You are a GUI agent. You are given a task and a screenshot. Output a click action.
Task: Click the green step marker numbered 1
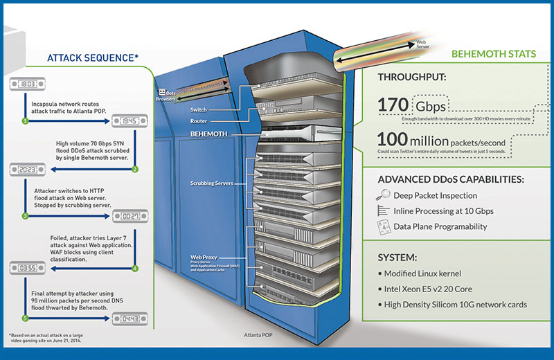[25, 120]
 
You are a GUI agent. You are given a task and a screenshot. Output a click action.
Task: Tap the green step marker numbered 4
[135, 267]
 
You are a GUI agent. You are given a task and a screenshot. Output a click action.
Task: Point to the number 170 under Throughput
[393, 105]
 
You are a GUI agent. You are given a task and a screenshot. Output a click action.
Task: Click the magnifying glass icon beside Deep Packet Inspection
[382, 195]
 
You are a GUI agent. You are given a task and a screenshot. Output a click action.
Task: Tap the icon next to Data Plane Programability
[382, 226]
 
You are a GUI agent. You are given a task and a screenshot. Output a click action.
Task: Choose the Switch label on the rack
[199, 109]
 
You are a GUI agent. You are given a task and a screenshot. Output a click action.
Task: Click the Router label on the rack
[199, 120]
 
